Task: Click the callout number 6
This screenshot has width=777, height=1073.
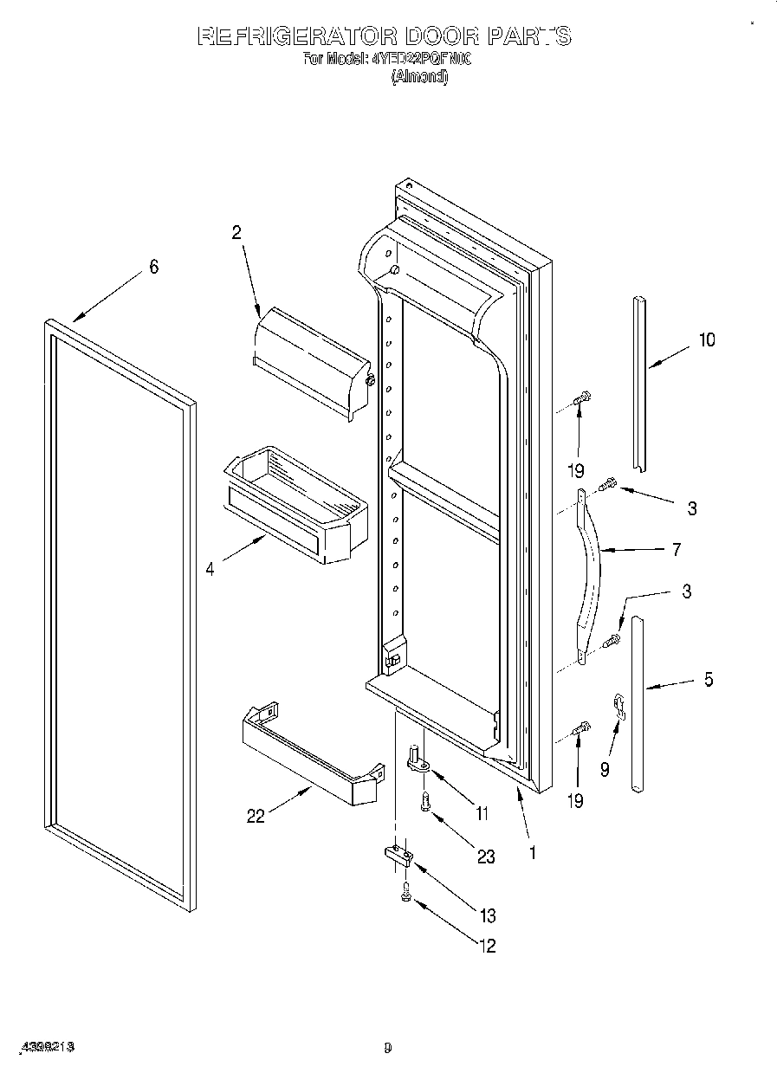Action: pos(153,267)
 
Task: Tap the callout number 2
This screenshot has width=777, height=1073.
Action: pos(236,231)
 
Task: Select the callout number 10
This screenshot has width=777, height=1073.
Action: pos(707,339)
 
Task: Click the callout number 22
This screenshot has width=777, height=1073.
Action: pos(256,816)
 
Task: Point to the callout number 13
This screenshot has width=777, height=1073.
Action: pos(487,915)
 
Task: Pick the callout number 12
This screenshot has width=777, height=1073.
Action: pos(487,946)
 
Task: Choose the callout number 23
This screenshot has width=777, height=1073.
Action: pos(486,856)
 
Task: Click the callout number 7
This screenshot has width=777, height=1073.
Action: pos(676,549)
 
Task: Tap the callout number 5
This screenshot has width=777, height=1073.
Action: pos(709,680)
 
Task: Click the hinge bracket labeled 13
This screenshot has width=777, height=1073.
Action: pos(398,856)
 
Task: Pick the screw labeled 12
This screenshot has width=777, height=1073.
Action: pos(405,895)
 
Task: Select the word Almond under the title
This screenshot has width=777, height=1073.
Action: pos(419,76)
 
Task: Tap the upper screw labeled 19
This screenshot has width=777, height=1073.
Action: pos(582,398)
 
